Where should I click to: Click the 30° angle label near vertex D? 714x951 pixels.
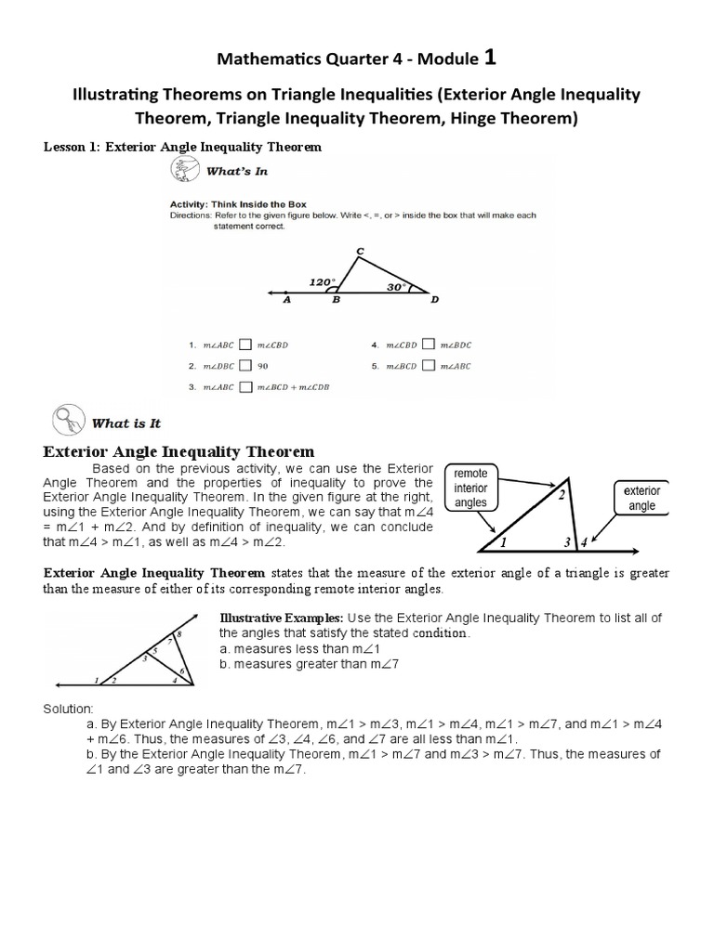coord(398,287)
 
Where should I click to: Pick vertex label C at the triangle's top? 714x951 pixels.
coord(360,251)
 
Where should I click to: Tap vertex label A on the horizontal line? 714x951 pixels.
coord(286,300)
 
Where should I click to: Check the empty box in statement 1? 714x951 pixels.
coord(245,345)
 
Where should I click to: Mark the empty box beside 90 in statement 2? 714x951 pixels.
coord(245,365)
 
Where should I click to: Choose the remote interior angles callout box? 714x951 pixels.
coord(472,487)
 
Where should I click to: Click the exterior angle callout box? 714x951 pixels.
coord(641,498)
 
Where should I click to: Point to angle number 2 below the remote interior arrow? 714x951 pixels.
coord(561,495)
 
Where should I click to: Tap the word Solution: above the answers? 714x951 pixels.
coord(70,708)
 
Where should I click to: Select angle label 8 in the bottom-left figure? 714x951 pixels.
coord(178,632)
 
